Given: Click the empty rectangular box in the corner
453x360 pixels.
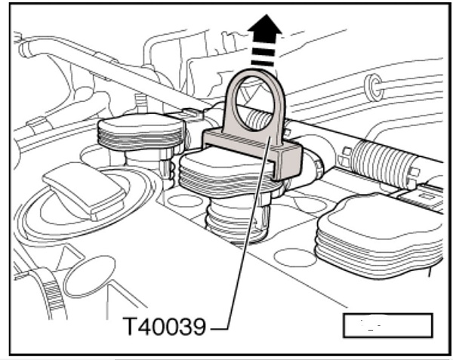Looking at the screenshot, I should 388,325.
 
